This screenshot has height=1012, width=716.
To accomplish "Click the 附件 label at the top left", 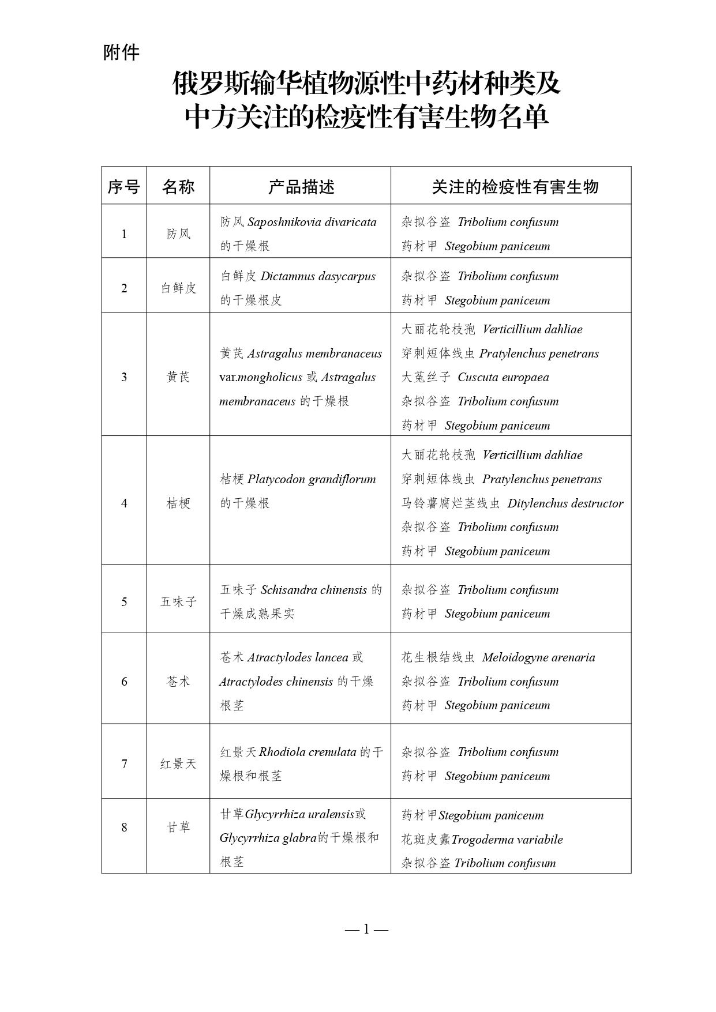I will [121, 53].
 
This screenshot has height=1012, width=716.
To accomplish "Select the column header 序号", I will [123, 186].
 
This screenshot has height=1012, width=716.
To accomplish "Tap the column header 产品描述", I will [301, 186].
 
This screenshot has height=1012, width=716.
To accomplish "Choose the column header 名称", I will [178, 186].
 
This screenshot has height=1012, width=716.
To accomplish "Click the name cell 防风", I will [178, 234].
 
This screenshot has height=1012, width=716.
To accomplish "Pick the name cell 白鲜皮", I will [178, 288].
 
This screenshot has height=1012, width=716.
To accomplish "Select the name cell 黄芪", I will [178, 377].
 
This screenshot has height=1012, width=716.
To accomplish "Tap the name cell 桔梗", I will [178, 503].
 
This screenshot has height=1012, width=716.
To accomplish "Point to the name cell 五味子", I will [178, 601].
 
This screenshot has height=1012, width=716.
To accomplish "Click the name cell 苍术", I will [178, 681].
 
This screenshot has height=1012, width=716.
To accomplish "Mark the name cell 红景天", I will [178, 763].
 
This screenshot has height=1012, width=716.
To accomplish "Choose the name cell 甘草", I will [178, 827].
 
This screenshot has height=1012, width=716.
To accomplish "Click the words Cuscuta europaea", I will [503, 377].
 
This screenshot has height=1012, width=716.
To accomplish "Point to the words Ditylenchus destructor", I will [565, 503].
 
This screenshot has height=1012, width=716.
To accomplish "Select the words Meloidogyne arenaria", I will [538, 657].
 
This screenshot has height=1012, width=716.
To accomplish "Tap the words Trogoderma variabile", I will [507, 839].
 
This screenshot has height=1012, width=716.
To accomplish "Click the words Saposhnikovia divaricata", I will [312, 222].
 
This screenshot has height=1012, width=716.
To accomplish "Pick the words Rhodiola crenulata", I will [308, 752].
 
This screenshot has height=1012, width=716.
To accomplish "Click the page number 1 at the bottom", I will [366, 928].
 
